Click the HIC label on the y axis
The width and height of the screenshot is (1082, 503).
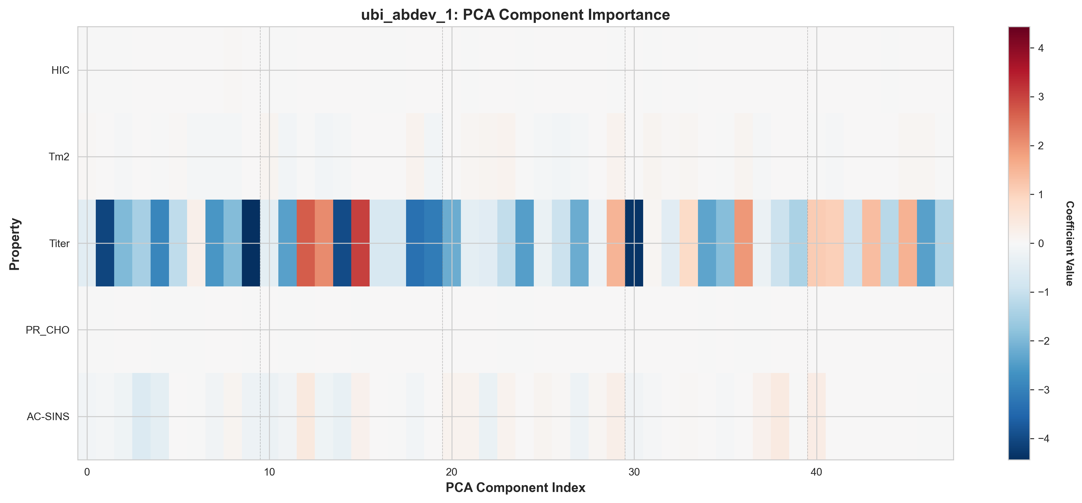60,70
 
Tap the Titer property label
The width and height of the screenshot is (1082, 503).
59,243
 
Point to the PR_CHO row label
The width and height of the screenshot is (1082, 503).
47,330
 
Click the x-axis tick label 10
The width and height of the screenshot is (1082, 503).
269,472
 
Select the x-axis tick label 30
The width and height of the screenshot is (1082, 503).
634,472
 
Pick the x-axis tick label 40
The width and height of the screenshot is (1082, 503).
816,472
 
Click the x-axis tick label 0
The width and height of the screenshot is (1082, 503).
87,472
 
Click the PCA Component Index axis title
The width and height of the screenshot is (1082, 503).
515,487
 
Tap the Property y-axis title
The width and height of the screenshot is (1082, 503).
14,244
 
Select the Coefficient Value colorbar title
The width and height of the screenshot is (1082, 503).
1069,243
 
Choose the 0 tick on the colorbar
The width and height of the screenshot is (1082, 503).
1041,243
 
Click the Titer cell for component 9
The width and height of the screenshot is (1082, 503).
251,243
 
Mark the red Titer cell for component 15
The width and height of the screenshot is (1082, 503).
360,243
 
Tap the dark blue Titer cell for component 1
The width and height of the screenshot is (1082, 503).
105,243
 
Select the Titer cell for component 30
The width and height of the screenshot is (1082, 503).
634,243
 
